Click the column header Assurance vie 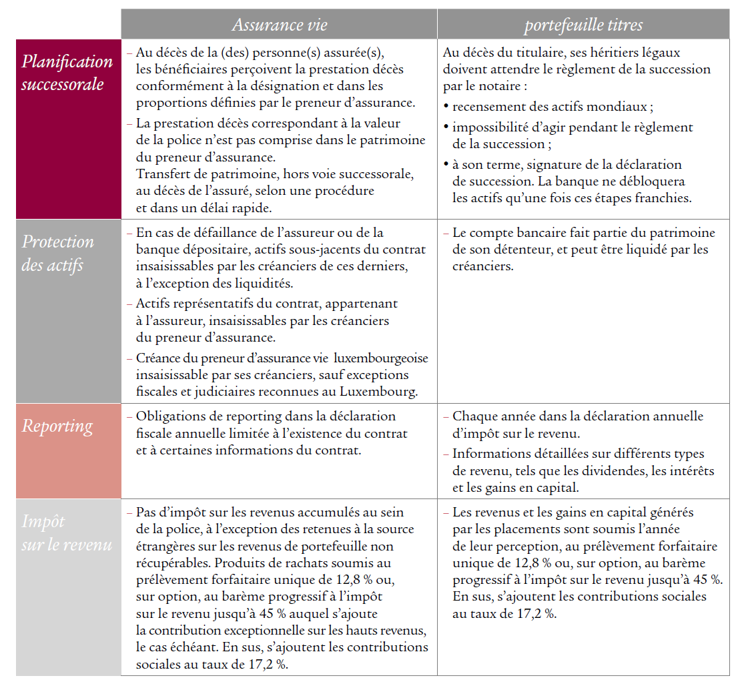pos(280,25)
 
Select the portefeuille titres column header pos(583,25)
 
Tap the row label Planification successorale pos(67,73)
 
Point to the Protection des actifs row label pos(57,253)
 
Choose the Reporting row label pos(57,426)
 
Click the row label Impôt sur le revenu pos(67,533)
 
